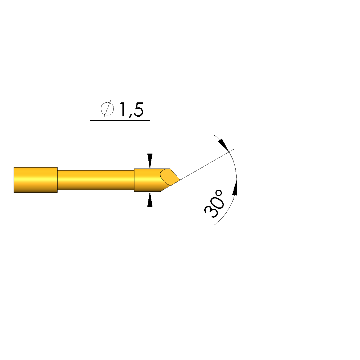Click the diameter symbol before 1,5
click(107, 109)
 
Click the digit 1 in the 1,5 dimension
click(122, 109)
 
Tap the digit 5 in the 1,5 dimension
click(138, 110)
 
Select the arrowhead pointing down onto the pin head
click(150, 161)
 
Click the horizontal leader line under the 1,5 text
click(120, 120)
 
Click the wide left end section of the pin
click(36, 180)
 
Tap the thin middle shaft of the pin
click(96, 180)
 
